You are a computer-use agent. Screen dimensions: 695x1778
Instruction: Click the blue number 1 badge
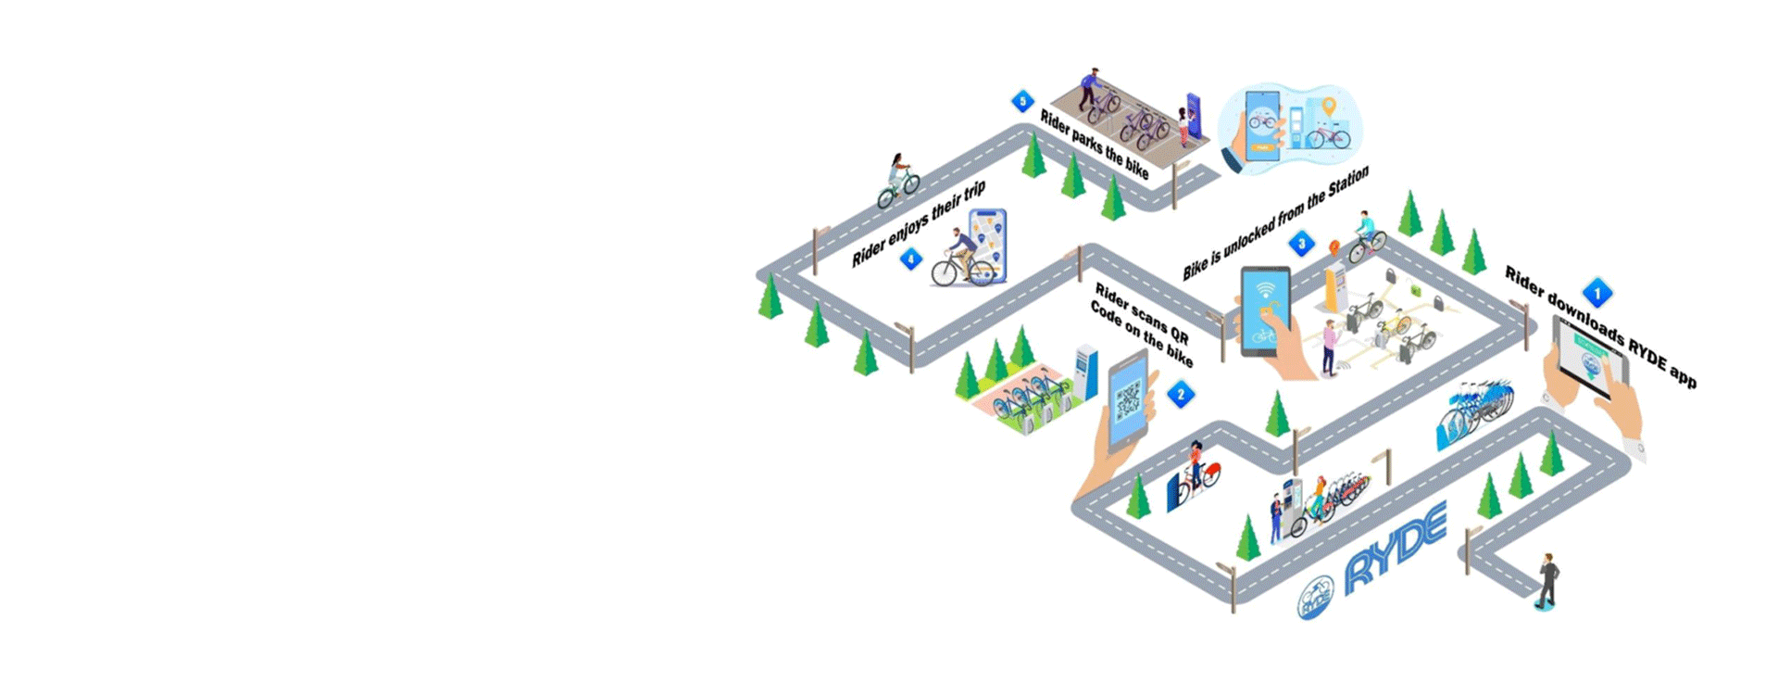pyautogui.click(x=1596, y=293)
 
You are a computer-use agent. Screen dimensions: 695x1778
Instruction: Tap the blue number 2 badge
pyautogui.click(x=1180, y=395)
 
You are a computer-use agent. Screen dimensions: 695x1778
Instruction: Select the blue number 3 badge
pyautogui.click(x=1301, y=245)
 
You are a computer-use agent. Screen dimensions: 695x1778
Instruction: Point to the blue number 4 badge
pyautogui.click(x=911, y=259)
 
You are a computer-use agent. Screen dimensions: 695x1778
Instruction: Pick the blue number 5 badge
pyautogui.click(x=1022, y=101)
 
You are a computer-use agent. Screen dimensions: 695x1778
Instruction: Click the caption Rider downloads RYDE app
pyautogui.click(x=1600, y=326)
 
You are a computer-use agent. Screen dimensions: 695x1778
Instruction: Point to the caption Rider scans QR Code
pyautogui.click(x=1142, y=324)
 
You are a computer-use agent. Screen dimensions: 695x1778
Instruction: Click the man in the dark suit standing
pyautogui.click(x=1547, y=580)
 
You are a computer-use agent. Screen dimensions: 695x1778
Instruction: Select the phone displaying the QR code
pyautogui.click(x=1128, y=400)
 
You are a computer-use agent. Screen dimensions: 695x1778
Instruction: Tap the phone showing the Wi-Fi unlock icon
pyautogui.click(x=1265, y=310)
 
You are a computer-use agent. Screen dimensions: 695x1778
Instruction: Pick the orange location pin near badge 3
pyautogui.click(x=1334, y=248)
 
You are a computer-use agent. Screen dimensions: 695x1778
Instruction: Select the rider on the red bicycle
pyautogui.click(x=1197, y=468)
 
